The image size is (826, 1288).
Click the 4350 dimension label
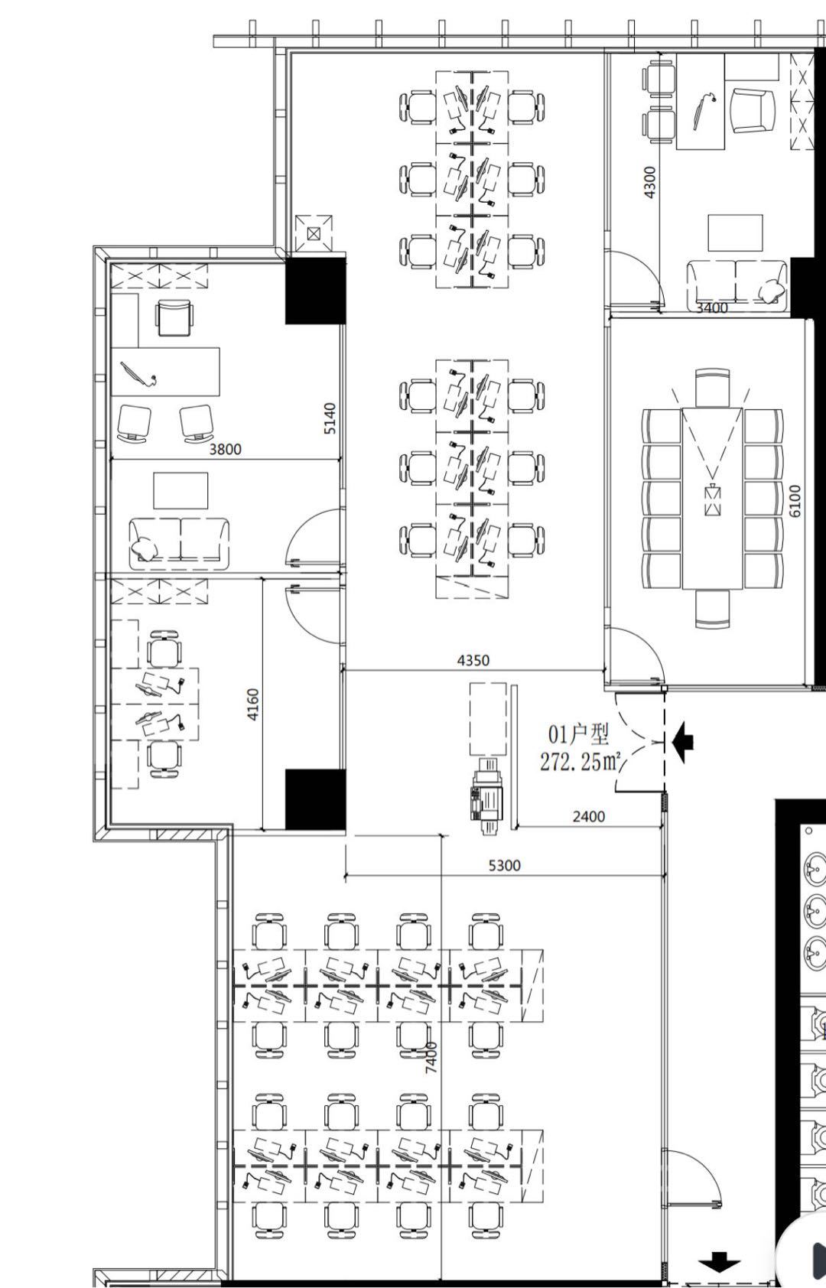click(473, 660)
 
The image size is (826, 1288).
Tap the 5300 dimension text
click(504, 865)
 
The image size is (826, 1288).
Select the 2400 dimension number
click(589, 816)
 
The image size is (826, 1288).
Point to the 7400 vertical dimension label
click(431, 1057)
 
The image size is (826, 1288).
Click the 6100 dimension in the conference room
click(794, 501)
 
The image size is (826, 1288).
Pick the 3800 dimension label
click(225, 449)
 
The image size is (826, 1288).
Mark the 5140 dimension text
click(330, 418)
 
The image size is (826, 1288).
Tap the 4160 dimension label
click(252, 704)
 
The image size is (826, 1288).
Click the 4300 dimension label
click(649, 182)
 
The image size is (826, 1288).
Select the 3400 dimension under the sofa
click(711, 307)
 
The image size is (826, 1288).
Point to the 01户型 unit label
click(578, 734)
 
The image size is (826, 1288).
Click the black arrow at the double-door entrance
click(683, 743)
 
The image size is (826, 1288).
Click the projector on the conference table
click(712, 499)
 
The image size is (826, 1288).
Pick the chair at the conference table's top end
click(712, 389)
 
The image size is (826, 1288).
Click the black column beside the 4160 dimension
click(316, 799)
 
